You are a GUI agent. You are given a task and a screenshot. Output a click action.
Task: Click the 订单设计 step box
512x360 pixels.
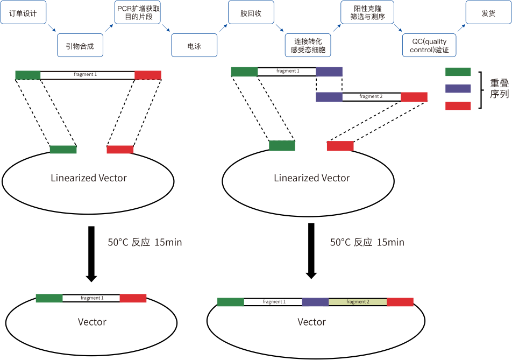[x=23, y=13]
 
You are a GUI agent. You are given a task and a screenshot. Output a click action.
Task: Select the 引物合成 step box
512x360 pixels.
[x=80, y=46]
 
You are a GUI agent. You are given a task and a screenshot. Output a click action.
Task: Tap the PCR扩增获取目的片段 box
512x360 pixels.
[x=138, y=13]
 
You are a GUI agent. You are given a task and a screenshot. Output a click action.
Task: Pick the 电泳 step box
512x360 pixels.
[x=194, y=46]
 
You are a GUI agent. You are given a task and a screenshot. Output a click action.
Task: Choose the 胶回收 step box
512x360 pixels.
[x=251, y=13]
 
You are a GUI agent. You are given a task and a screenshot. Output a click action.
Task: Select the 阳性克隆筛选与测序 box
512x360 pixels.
[x=367, y=13]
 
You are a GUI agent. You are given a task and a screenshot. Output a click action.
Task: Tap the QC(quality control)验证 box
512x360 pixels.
[x=429, y=46]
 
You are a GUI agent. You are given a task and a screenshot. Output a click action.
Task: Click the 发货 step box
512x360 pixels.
[x=488, y=13]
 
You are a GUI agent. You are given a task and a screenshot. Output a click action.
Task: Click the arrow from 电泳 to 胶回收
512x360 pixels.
[x=223, y=27]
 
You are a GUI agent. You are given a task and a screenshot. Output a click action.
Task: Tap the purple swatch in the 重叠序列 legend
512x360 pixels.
[x=458, y=88]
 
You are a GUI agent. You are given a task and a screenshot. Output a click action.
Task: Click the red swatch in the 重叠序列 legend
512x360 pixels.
[x=458, y=106]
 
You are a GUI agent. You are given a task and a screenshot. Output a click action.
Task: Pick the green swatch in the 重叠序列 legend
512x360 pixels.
[x=458, y=72]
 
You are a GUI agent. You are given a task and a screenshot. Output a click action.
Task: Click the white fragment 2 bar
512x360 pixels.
[x=371, y=97]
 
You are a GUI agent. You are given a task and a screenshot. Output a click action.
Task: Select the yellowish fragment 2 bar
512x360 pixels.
[x=357, y=302]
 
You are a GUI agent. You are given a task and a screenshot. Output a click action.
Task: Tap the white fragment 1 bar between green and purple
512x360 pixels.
[x=287, y=72]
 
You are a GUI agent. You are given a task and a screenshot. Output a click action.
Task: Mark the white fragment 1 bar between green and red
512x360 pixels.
[x=87, y=75]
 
